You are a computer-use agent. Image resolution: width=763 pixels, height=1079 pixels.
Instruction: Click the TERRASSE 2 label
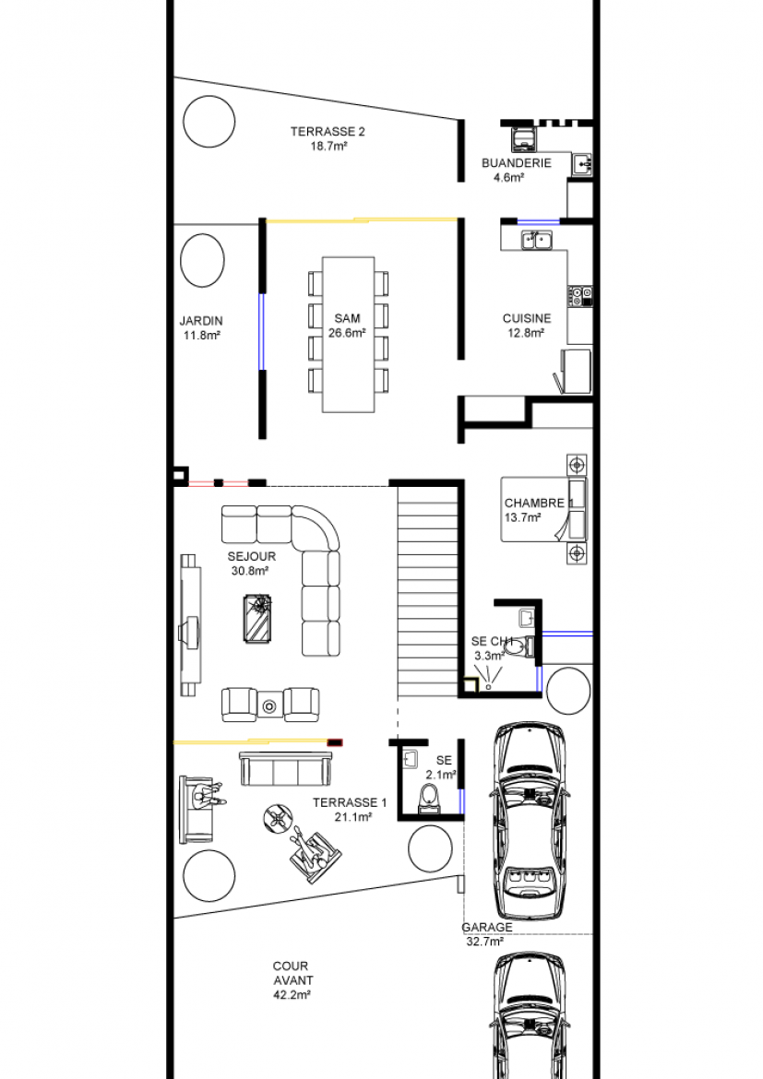[x=328, y=132]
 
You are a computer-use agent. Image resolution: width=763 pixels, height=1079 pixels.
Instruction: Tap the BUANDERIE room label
[x=517, y=163]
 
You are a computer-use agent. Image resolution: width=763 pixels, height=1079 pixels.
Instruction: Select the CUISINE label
[x=527, y=318]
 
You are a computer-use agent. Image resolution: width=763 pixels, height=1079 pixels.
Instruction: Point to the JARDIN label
[x=201, y=321]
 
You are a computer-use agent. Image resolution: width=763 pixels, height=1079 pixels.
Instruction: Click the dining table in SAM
[x=349, y=335]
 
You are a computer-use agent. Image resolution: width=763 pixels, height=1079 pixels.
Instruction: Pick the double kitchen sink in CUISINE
[x=536, y=240]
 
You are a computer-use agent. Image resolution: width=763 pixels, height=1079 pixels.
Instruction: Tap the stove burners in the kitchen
[x=580, y=297]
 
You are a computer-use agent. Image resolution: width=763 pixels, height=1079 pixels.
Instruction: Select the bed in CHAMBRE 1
[x=544, y=509]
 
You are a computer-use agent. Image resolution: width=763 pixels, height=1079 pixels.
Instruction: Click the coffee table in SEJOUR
[x=258, y=619]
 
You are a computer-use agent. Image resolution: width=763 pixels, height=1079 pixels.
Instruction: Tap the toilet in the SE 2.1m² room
[x=429, y=800]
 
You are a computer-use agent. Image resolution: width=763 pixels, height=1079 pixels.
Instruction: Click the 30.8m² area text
[x=250, y=571]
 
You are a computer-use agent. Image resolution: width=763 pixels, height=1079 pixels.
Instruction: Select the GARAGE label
[x=487, y=927]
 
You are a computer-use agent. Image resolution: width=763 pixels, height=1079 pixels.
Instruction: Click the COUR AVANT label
[x=292, y=973]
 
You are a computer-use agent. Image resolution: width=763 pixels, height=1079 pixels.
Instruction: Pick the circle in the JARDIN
[x=202, y=261]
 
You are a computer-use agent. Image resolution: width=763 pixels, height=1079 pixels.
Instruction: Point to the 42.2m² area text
[x=292, y=995]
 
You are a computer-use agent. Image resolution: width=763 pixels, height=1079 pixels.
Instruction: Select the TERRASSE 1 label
[x=350, y=802]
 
